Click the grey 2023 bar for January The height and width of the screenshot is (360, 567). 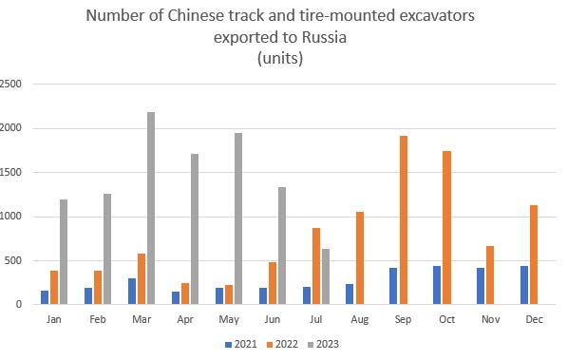click(62, 252)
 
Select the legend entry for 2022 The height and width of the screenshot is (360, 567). click(281, 344)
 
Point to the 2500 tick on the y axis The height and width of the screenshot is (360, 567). click(12, 84)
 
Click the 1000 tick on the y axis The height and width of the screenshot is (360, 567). click(12, 217)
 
